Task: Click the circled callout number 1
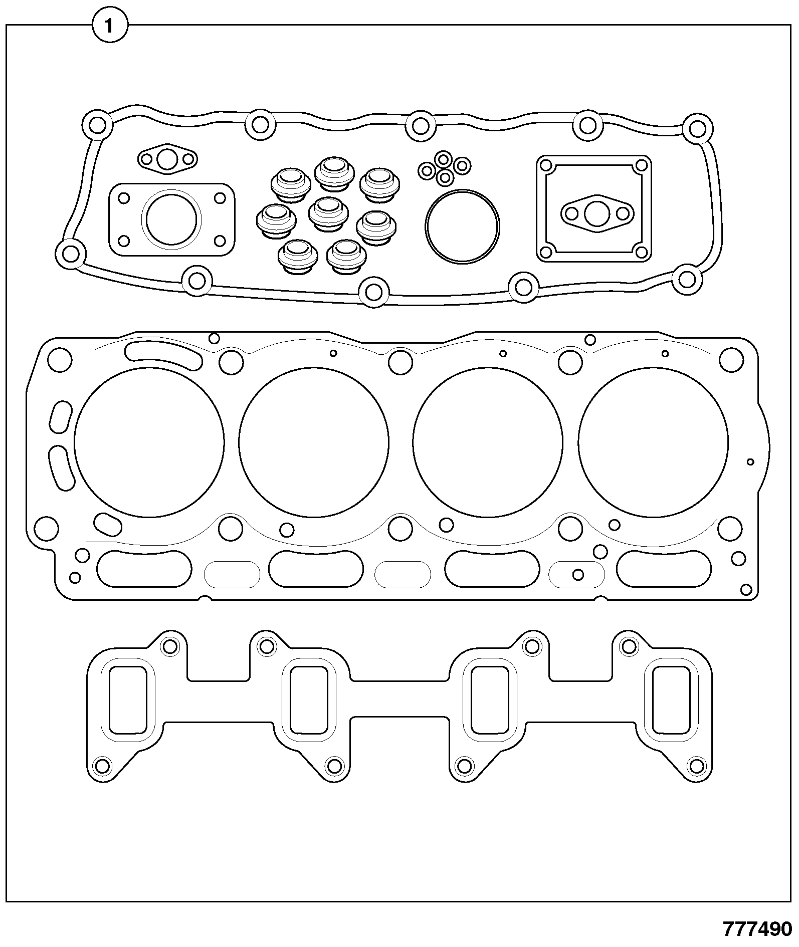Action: tap(109, 26)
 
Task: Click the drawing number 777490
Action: tap(757, 928)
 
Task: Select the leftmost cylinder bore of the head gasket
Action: tap(149, 442)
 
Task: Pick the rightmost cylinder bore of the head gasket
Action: tap(653, 442)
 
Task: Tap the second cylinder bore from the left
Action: tap(314, 442)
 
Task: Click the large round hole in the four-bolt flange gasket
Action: tap(171, 218)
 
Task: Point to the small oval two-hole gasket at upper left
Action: tap(167, 160)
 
